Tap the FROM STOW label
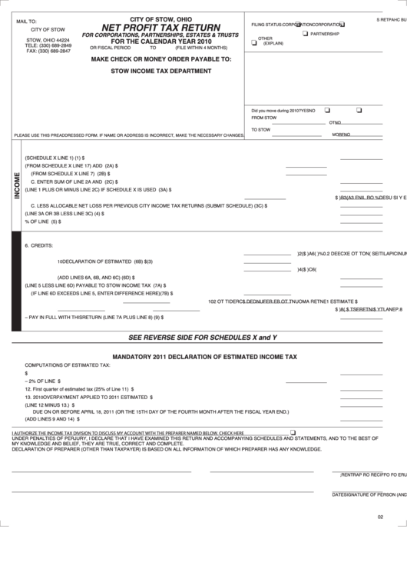pyautogui.click(x=264, y=118)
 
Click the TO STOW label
pyautogui.click(x=261, y=129)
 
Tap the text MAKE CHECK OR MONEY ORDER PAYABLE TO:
pyautogui.click(x=162, y=58)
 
